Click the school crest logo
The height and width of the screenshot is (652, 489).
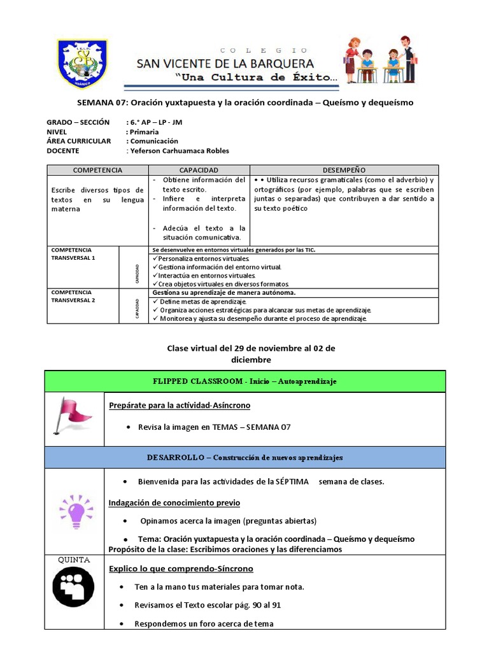(82, 64)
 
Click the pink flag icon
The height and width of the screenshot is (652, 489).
(74, 418)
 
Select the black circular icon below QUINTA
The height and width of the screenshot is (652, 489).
(73, 586)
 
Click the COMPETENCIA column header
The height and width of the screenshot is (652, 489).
(97, 170)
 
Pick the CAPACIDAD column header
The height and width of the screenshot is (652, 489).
(199, 170)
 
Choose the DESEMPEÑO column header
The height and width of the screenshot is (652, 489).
(344, 170)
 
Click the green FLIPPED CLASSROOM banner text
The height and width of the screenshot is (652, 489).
(244, 381)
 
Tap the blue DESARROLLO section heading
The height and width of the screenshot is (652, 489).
(244, 457)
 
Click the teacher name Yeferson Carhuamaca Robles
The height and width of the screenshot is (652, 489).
(179, 151)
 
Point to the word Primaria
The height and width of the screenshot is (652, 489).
(144, 132)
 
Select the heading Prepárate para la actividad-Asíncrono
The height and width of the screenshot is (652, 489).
(180, 406)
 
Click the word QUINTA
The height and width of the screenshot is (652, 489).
(74, 560)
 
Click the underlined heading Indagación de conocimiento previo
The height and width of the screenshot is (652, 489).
(174, 502)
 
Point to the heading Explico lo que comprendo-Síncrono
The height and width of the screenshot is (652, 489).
(181, 569)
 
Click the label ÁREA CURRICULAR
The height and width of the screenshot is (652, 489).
(79, 141)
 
